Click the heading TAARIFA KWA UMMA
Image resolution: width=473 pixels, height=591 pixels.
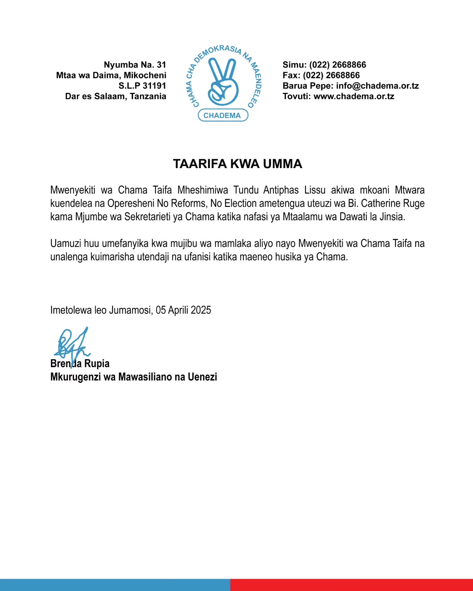pyautogui.click(x=237, y=164)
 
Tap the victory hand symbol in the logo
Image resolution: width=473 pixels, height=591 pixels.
pyautogui.click(x=223, y=82)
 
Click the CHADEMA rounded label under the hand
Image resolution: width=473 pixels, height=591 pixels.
pyautogui.click(x=222, y=115)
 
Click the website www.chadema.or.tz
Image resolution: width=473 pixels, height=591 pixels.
pyautogui.click(x=354, y=97)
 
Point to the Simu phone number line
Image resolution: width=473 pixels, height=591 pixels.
pyautogui.click(x=324, y=65)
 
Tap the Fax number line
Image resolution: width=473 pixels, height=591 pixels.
pyautogui.click(x=321, y=76)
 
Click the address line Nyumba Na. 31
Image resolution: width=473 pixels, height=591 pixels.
pyautogui.click(x=135, y=65)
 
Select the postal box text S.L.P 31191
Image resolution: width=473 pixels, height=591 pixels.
pyautogui.click(x=142, y=86)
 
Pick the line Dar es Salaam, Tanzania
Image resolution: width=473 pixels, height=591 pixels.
pyautogui.click(x=116, y=97)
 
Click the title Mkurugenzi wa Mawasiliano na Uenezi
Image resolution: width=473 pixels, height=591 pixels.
pyautogui.click(x=134, y=377)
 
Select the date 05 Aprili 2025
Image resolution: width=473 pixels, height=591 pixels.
pyautogui.click(x=183, y=310)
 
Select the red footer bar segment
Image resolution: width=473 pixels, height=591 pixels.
pyautogui.click(x=351, y=585)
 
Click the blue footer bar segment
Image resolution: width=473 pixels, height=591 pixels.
pyautogui.click(x=115, y=585)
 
